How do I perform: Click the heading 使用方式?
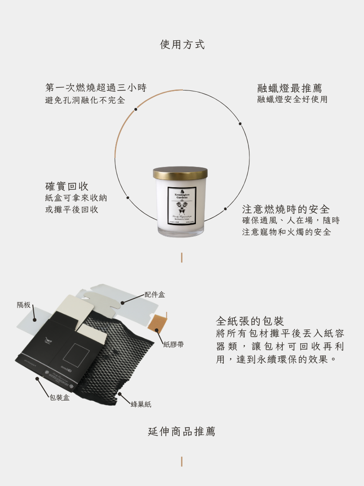pos(182,45)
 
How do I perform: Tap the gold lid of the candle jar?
pos(180,173)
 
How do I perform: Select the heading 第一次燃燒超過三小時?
pos(96,87)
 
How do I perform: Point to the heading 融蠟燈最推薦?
pos(289,88)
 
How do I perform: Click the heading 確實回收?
pos(67,186)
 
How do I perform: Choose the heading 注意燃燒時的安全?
pos(286,209)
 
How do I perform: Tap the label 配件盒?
pos(155,294)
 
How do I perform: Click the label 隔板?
pos(24,305)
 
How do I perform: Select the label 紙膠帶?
pos(173,345)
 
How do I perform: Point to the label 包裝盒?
pos(60,397)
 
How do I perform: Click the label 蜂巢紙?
pos(141,404)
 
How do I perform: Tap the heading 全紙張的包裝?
pos(250,321)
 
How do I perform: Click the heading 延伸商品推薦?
pos(182,432)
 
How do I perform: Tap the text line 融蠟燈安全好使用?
pos(292,99)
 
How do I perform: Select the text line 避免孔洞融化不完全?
pos(85,100)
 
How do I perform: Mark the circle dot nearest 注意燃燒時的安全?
pos(225,208)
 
